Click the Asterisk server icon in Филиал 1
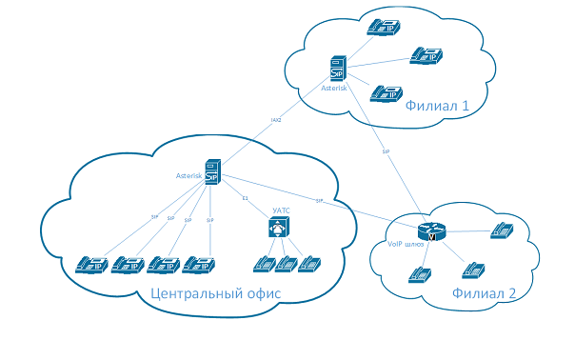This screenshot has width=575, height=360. click(x=337, y=68)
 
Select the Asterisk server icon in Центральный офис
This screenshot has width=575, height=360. click(x=212, y=172)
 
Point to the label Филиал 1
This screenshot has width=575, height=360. click(x=437, y=106)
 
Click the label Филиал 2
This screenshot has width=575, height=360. click(x=483, y=293)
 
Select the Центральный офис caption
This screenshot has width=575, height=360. click(x=216, y=293)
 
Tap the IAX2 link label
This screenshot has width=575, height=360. click(x=276, y=121)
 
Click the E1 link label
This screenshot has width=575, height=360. click(x=245, y=198)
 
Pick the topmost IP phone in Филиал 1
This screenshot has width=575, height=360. click(x=384, y=27)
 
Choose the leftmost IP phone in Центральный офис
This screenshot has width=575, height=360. click(x=91, y=264)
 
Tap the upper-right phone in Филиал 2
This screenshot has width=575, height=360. click(x=502, y=230)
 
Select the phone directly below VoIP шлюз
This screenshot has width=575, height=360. click(x=419, y=275)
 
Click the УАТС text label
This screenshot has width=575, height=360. click(x=281, y=209)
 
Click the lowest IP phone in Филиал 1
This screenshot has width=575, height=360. click(x=384, y=92)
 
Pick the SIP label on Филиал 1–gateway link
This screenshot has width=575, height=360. click(x=386, y=151)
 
